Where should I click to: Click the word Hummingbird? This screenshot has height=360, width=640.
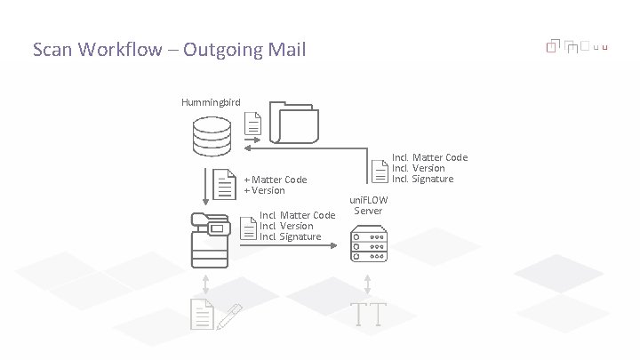[x=211, y=103]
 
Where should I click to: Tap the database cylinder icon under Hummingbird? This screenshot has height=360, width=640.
[x=212, y=134]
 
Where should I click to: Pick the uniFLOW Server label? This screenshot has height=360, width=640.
[x=368, y=205]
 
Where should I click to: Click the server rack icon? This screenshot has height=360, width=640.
[x=368, y=244]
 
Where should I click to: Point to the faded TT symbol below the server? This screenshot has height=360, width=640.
[x=367, y=313]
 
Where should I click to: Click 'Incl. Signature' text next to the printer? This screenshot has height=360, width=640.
[x=291, y=236]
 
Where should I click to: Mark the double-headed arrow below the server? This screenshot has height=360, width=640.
[x=367, y=284]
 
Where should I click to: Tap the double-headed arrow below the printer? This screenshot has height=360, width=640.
[x=206, y=284]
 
